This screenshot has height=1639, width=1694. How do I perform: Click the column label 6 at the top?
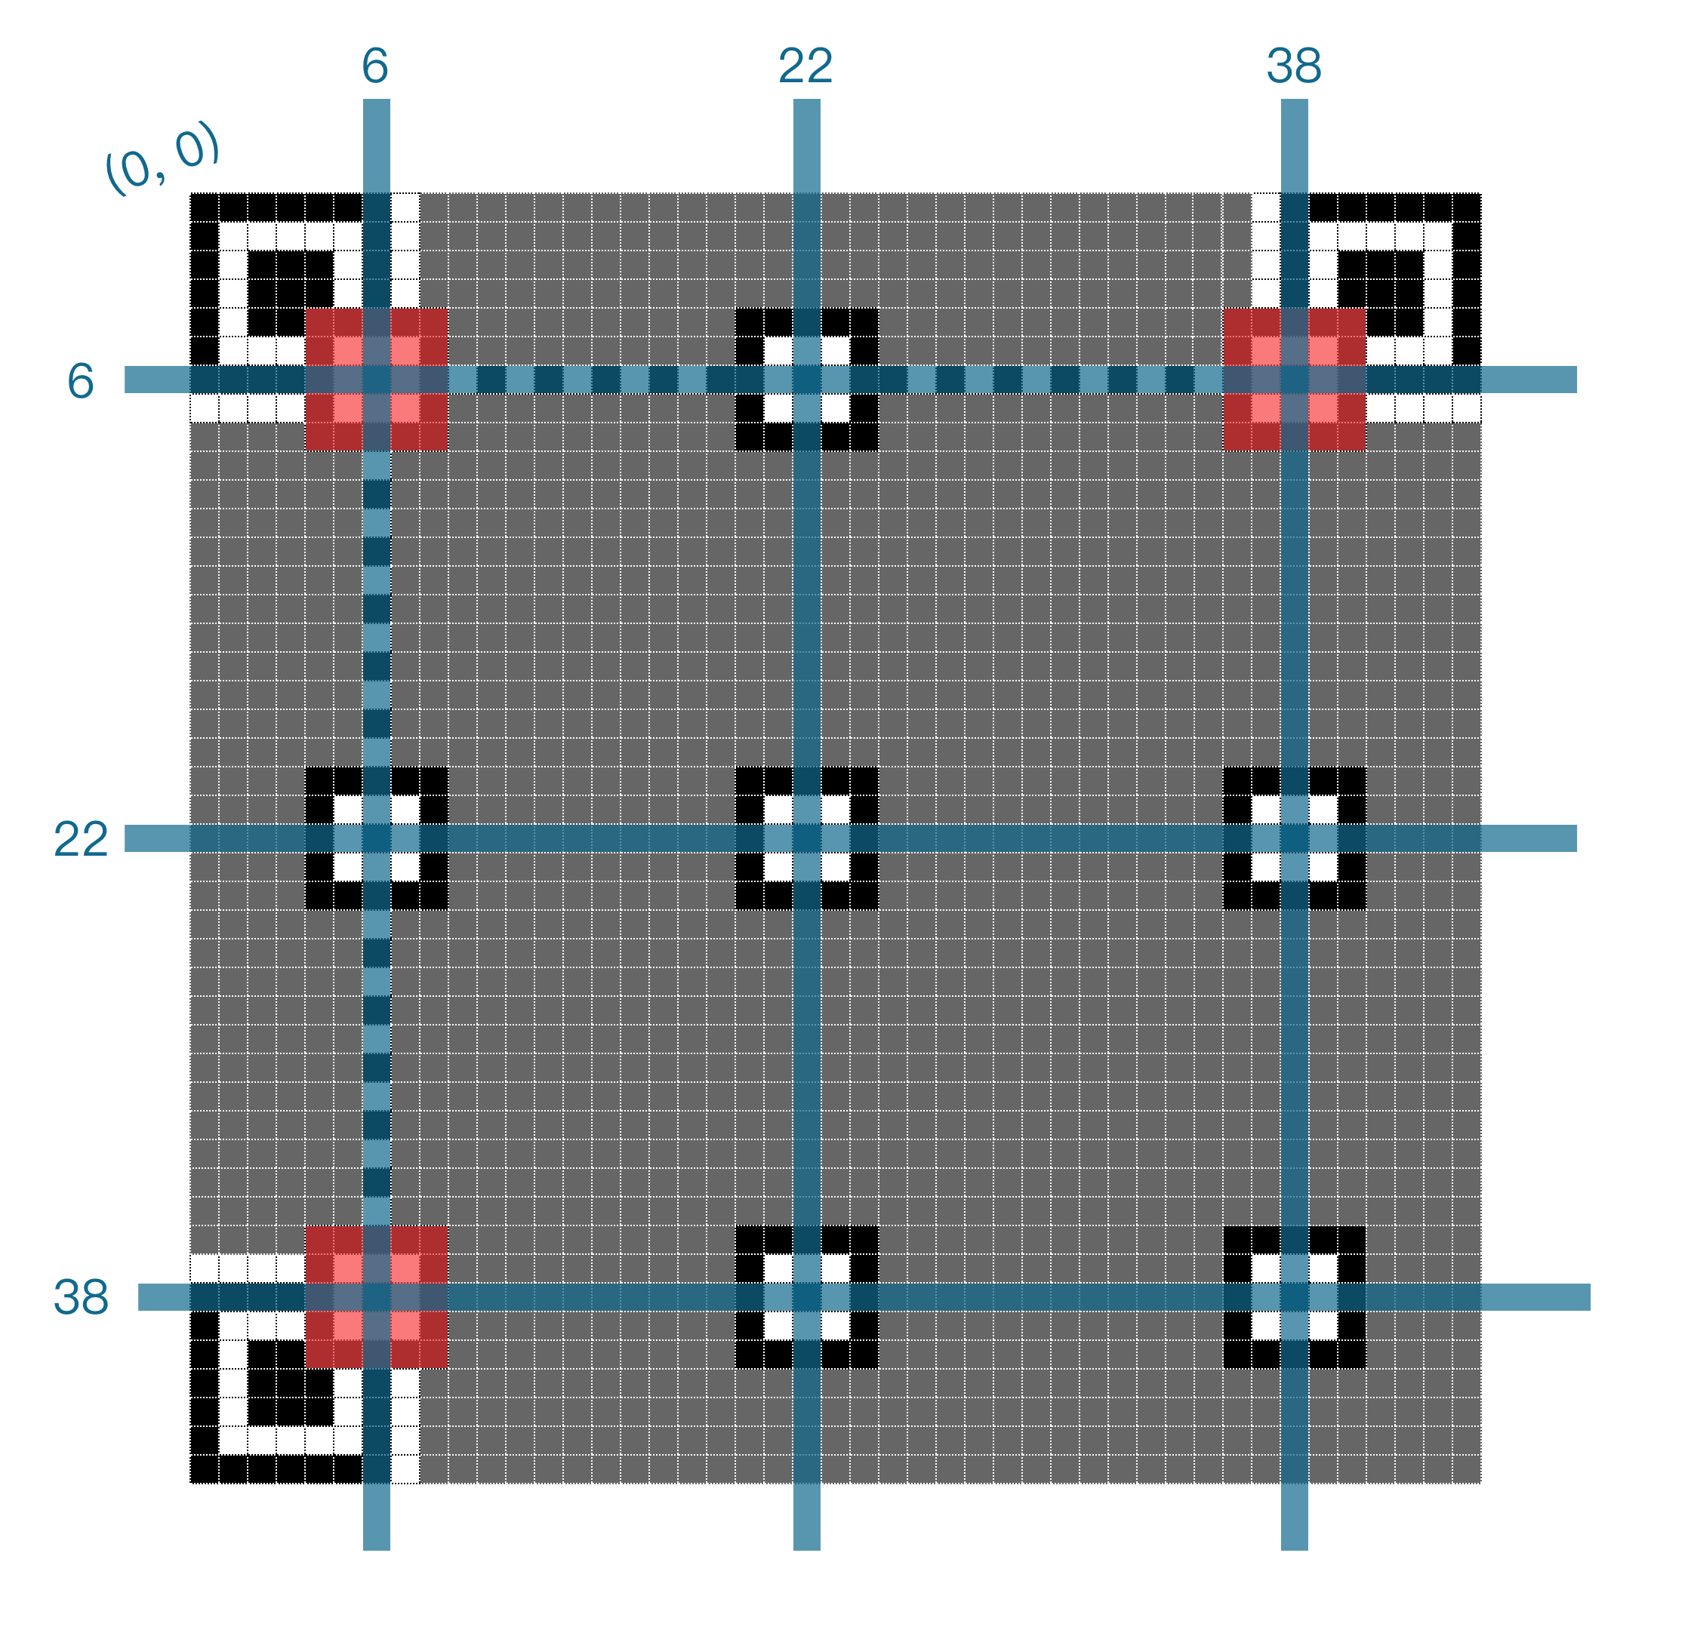coord(375,66)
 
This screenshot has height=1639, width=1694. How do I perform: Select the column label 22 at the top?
coord(805,66)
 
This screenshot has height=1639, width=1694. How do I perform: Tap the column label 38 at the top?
coord(1294,66)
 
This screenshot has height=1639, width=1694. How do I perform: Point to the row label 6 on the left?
coord(80,381)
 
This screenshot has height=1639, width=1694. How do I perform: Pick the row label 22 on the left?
coord(80,839)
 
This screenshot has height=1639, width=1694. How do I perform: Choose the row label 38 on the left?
coord(80,1297)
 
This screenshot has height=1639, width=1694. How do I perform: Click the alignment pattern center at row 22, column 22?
coord(806,838)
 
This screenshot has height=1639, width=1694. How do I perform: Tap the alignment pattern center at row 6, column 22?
coord(806,380)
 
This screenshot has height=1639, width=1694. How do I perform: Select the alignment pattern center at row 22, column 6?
coord(377,838)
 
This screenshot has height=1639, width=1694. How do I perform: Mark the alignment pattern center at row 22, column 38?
coord(1294,838)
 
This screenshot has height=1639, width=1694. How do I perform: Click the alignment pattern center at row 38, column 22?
coord(806,1297)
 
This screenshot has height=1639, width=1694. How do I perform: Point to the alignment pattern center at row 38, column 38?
coord(1294,1297)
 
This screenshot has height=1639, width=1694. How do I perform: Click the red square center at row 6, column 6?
coord(377,380)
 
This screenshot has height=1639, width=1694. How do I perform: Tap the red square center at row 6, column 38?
coord(1294,380)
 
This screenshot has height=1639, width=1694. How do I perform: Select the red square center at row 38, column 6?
coord(377,1297)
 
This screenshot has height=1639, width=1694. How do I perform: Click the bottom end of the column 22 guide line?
coord(806,1546)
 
